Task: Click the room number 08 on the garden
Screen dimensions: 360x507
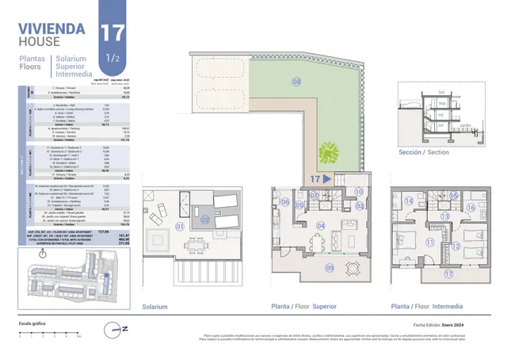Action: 297,82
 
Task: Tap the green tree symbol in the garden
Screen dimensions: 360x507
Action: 327,151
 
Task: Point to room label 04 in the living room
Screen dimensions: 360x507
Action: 320,226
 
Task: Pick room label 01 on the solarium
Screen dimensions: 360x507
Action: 179,226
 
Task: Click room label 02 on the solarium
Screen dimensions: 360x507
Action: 204,220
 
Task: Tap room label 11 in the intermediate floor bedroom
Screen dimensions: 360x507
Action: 431,243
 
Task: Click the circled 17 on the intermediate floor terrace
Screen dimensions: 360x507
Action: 448,274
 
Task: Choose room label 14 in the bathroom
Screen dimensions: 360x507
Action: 409,201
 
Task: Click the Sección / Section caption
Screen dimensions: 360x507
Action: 425,151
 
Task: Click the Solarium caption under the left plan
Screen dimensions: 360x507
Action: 154,306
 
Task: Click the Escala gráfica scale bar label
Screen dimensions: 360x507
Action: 32,324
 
